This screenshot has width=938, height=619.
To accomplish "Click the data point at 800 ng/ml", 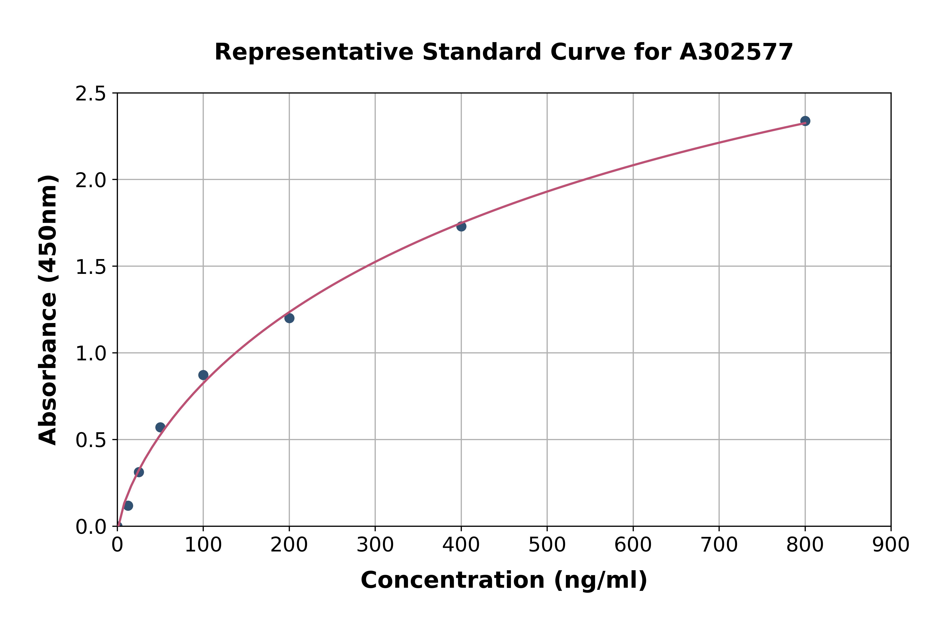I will click(805, 121).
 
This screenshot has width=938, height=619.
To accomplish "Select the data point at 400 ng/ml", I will click(461, 226).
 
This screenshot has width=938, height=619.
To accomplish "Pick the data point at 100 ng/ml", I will click(203, 375).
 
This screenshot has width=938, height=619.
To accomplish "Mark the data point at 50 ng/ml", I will click(160, 427).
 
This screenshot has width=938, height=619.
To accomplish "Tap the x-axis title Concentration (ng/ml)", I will click(504, 580).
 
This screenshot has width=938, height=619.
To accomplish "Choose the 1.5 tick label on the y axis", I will click(91, 267).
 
